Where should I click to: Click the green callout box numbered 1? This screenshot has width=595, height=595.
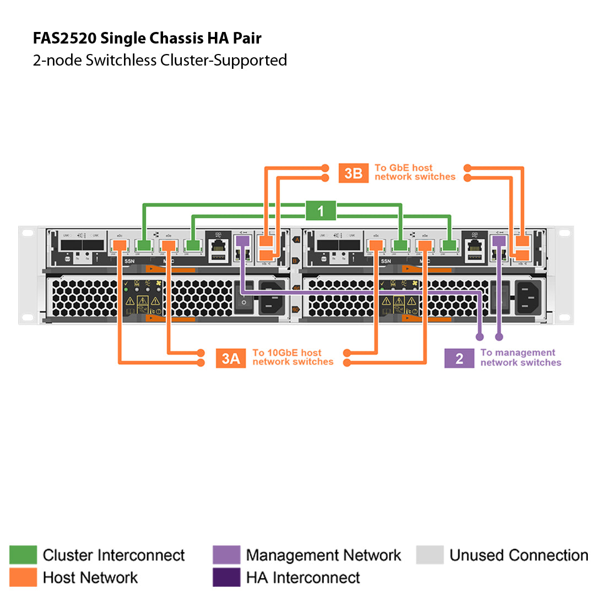(321, 210)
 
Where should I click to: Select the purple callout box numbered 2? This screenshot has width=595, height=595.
(459, 358)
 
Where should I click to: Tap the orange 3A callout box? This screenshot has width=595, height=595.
(230, 358)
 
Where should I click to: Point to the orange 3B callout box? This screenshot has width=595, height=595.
(353, 173)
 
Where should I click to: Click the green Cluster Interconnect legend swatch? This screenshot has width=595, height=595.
(23, 555)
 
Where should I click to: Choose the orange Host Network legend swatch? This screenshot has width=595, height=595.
(23, 577)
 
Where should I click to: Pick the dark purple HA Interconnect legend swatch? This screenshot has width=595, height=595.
(226, 577)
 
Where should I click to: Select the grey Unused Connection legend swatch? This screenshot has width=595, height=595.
(430, 555)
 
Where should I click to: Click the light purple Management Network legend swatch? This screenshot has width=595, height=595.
(226, 555)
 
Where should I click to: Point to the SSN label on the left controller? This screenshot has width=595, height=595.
(129, 261)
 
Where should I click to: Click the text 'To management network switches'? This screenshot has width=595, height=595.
(521, 358)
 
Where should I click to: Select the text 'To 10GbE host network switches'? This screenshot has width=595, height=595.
(293, 357)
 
